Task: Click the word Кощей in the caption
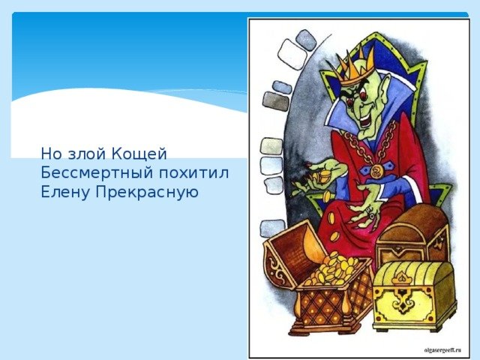click(x=139, y=154)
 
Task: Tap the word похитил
click(x=193, y=173)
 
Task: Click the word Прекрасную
click(x=147, y=193)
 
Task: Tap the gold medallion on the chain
click(x=376, y=171)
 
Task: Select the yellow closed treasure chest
click(x=414, y=296)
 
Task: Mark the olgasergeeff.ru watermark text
click(x=442, y=350)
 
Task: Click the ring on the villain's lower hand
click(x=372, y=216)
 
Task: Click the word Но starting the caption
click(x=52, y=154)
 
